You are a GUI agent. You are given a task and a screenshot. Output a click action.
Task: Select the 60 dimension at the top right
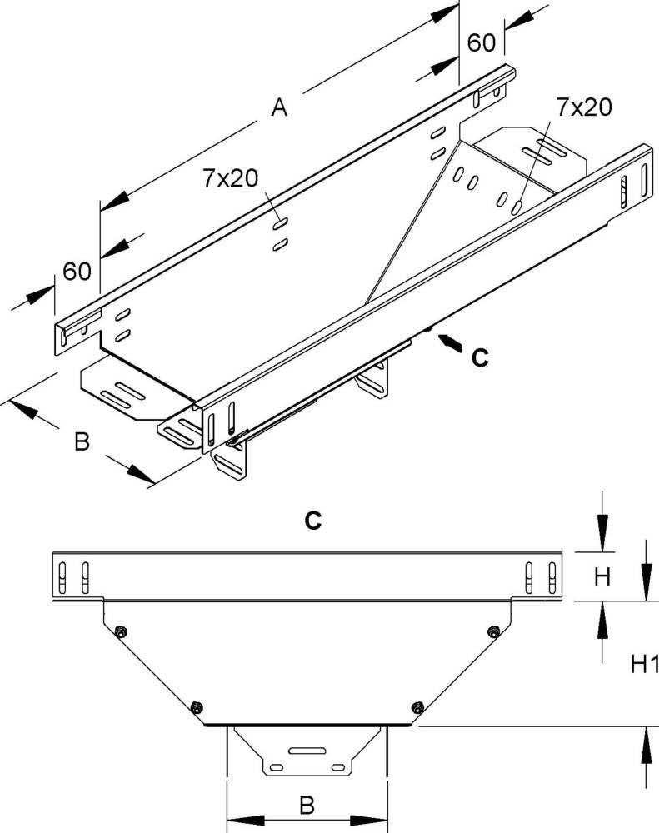pos(481,42)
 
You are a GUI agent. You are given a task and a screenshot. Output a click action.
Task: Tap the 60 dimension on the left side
pos(77,272)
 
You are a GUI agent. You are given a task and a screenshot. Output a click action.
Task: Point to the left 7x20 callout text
pos(230,178)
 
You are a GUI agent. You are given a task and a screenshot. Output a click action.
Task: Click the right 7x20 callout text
pos(583,107)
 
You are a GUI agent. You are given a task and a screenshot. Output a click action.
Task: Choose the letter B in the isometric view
pos(81,441)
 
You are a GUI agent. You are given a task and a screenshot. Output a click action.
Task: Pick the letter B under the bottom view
pos(307,805)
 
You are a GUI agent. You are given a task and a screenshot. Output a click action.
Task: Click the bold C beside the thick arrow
pos(479,357)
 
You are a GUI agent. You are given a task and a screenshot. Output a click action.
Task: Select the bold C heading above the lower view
pos(312,521)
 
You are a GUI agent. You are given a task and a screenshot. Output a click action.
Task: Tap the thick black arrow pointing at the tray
pos(447,342)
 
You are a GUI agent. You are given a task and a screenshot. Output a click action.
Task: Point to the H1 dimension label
pos(643,664)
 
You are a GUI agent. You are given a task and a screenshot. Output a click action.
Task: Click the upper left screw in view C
pos(122,631)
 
